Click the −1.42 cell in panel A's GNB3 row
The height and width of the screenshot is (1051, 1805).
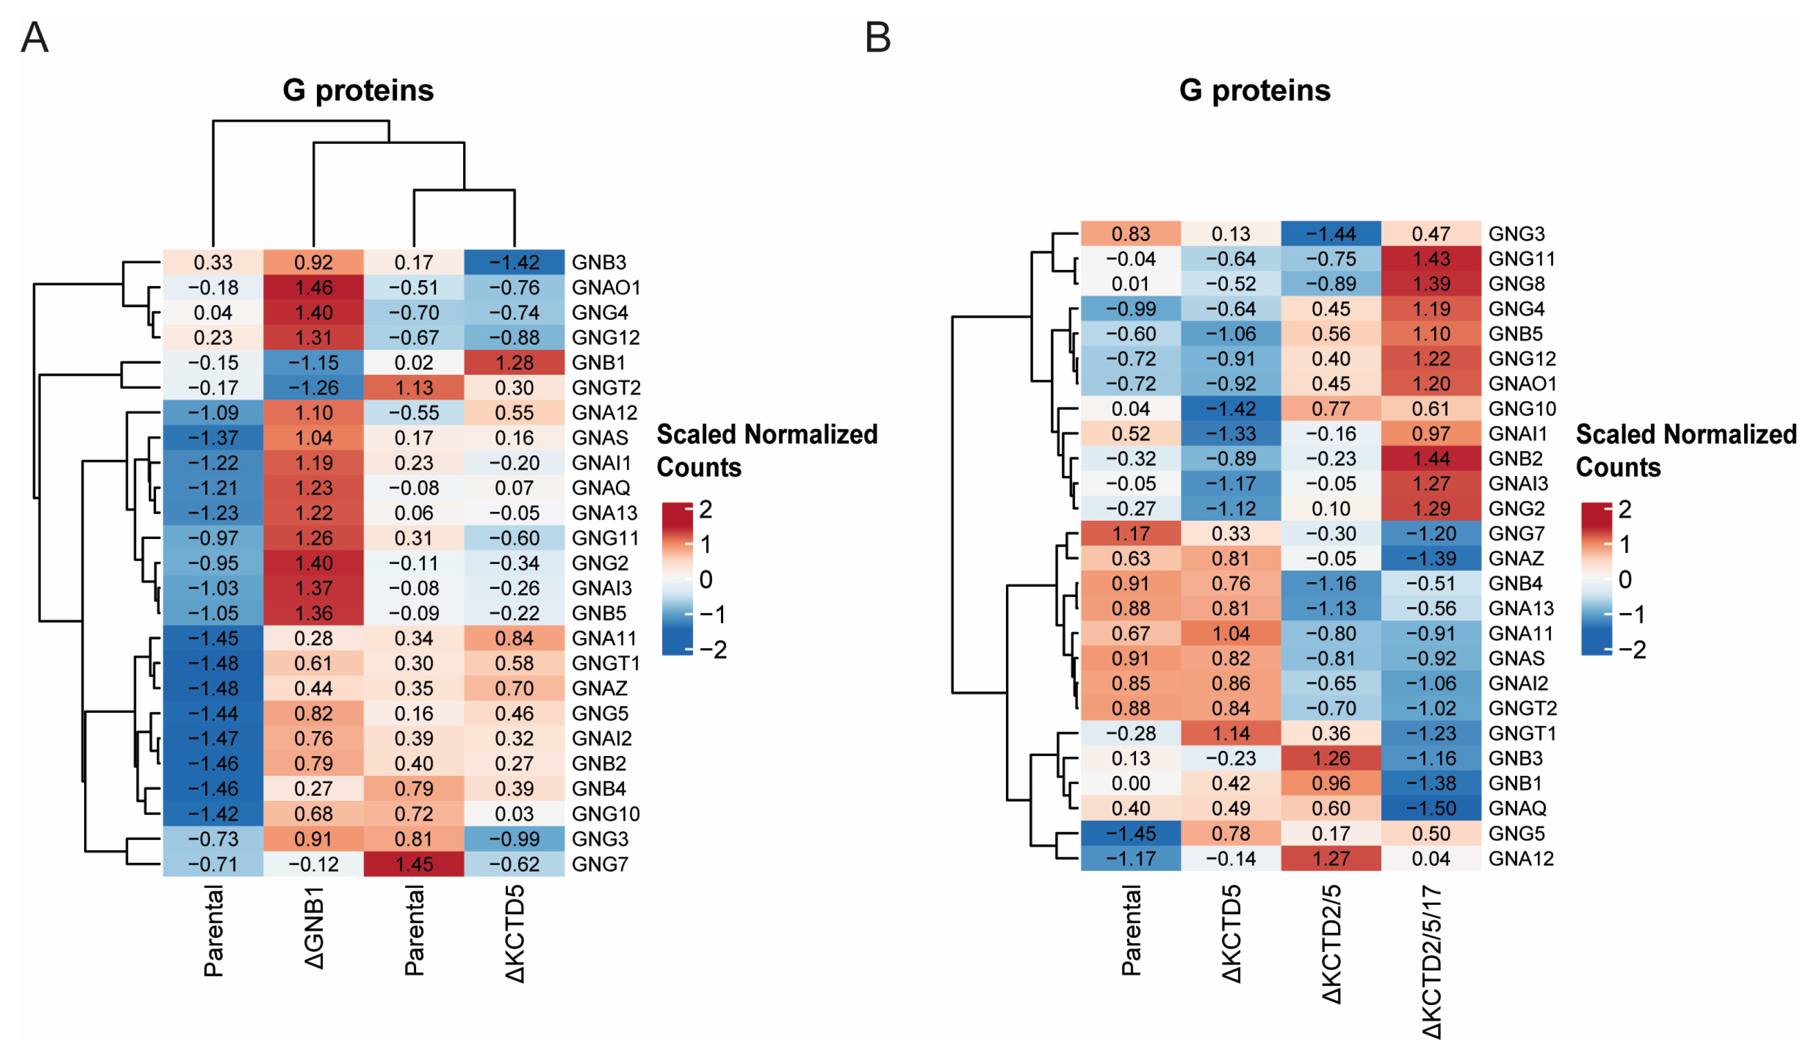pyautogui.click(x=514, y=262)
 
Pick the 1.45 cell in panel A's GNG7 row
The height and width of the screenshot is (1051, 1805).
pyautogui.click(x=414, y=864)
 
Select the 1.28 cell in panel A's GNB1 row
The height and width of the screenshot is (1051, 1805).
pyautogui.click(x=514, y=363)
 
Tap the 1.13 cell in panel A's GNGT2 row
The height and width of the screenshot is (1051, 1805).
pyautogui.click(x=414, y=387)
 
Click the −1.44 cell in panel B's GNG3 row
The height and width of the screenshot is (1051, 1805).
pyautogui.click(x=1331, y=234)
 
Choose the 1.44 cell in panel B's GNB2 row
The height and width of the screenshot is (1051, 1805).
pyautogui.click(x=1431, y=458)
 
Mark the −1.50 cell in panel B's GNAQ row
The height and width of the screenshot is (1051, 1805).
pyautogui.click(x=1431, y=808)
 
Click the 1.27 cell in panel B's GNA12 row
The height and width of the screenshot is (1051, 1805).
pyautogui.click(x=1331, y=858)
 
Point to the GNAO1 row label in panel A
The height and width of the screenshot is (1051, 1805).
pyautogui.click(x=606, y=287)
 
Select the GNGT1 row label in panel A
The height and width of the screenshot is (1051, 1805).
pyautogui.click(x=606, y=664)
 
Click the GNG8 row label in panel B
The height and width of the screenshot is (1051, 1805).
pyautogui.click(x=1516, y=284)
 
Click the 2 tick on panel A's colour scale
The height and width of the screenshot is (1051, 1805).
pyautogui.click(x=706, y=509)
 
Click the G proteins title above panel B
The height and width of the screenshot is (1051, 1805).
pyautogui.click(x=1255, y=91)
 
